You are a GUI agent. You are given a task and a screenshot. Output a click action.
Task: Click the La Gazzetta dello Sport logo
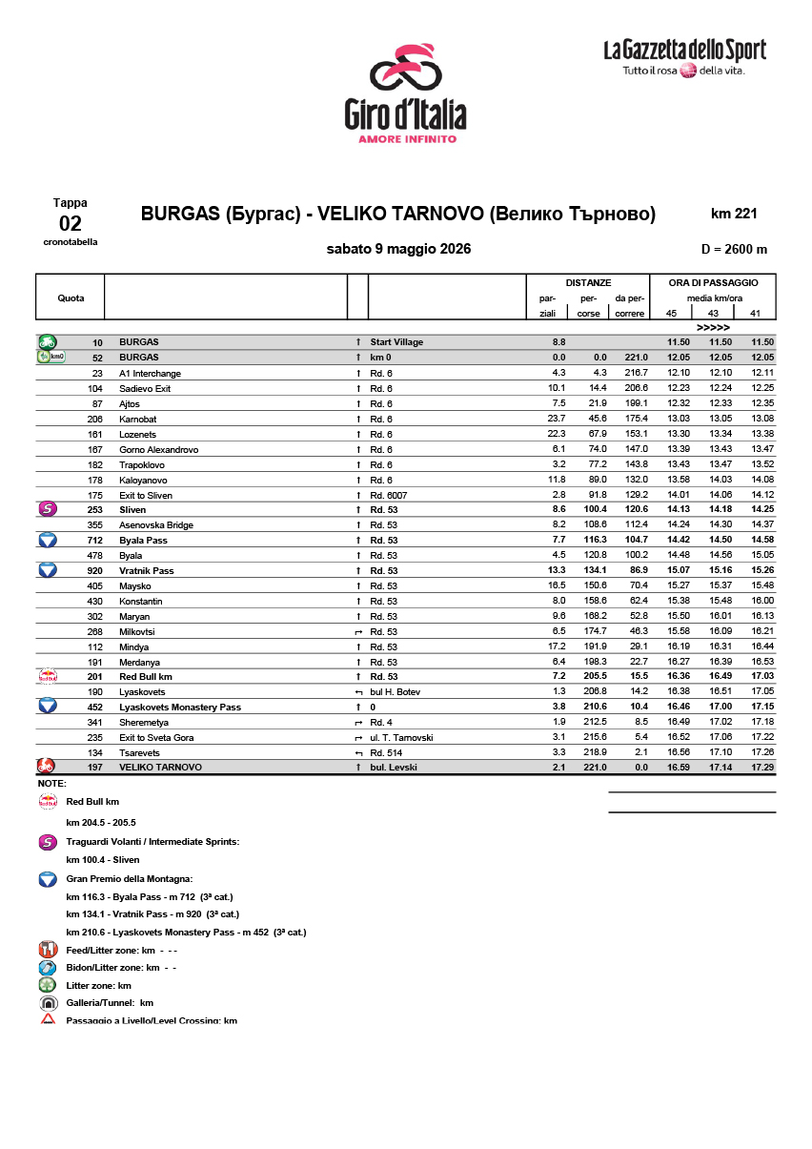pyautogui.click(x=684, y=59)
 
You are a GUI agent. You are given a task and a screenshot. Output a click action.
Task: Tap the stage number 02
pyautogui.click(x=71, y=224)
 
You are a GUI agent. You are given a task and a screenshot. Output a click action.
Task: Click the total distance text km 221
pyautogui.click(x=733, y=214)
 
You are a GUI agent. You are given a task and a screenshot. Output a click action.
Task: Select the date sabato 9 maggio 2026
pyautogui.click(x=398, y=250)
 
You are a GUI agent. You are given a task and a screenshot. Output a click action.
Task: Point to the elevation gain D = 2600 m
pyautogui.click(x=733, y=250)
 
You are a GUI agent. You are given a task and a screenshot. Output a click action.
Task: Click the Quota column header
pyautogui.click(x=71, y=298)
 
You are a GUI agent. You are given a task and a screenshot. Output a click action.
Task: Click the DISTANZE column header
pyautogui.click(x=588, y=282)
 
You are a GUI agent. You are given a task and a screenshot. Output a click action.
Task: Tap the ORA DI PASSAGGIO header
pyautogui.click(x=713, y=282)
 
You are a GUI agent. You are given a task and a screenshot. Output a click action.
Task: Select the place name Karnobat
pyautogui.click(x=139, y=419)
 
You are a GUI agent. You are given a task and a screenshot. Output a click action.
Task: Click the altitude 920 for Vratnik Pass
pyautogui.click(x=94, y=570)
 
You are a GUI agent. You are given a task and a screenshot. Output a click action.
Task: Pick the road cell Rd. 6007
pyautogui.click(x=389, y=495)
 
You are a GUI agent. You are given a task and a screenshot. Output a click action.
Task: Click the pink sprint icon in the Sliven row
pyautogui.click(x=47, y=509)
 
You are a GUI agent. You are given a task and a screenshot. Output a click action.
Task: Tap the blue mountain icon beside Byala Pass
pyautogui.click(x=47, y=540)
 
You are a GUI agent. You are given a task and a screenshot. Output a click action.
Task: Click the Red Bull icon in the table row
pyautogui.click(x=47, y=676)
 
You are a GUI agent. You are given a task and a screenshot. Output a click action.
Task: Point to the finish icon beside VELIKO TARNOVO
pyautogui.click(x=47, y=767)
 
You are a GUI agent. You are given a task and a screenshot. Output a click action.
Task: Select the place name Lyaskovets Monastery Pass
pyautogui.click(x=179, y=708)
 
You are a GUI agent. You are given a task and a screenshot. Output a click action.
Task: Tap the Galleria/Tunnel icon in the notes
pyautogui.click(x=48, y=1003)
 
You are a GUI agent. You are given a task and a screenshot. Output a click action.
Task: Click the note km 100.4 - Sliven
pyautogui.click(x=102, y=860)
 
